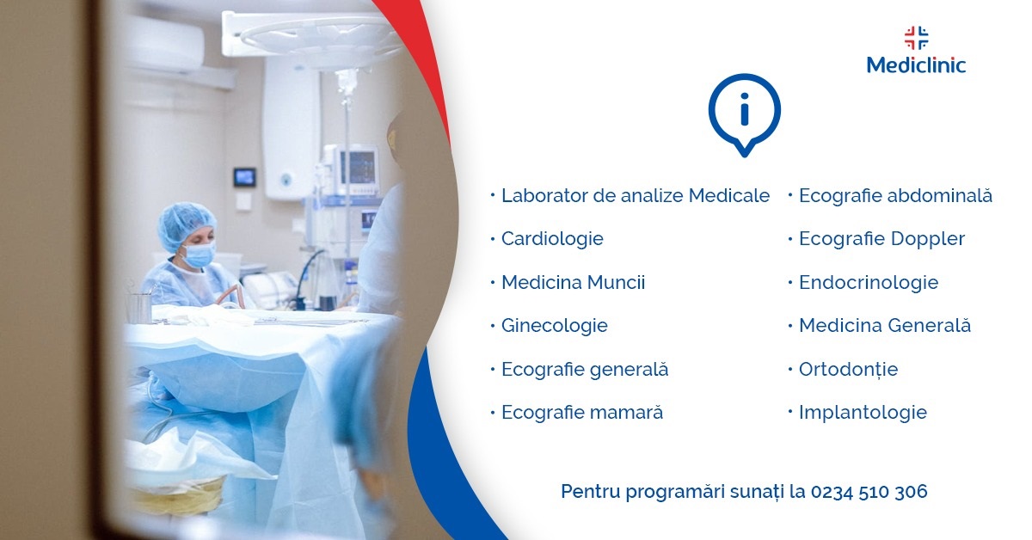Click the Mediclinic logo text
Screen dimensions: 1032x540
click(916, 65)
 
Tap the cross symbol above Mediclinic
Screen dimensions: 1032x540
click(917, 38)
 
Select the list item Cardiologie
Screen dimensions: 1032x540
click(552, 239)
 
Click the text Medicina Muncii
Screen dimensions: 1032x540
click(573, 282)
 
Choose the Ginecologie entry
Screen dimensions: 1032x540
click(554, 326)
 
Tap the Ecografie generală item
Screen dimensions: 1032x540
click(585, 370)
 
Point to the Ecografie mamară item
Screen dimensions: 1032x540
click(582, 413)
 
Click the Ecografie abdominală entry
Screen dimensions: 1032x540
click(895, 196)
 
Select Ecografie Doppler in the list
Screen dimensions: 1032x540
click(881, 239)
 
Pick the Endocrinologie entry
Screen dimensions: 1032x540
click(869, 283)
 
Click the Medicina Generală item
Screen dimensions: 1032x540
click(885, 326)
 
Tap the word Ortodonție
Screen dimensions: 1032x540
click(848, 370)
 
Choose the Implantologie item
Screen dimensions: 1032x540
click(863, 413)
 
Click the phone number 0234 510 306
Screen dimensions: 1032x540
click(869, 492)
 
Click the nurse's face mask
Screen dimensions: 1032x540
click(199, 255)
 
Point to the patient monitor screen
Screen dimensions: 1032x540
click(359, 168)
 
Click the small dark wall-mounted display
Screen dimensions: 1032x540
click(244, 177)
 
